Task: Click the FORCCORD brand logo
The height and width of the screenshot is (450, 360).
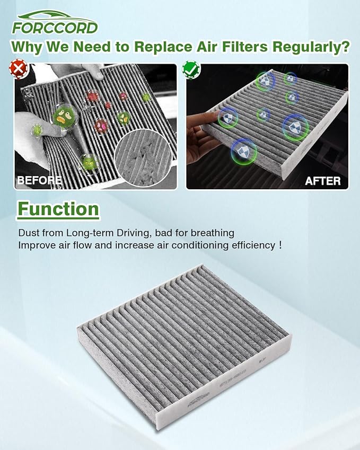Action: coord(55,22)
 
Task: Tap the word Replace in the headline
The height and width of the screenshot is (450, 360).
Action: coord(161,47)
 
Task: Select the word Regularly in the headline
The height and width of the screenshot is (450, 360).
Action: coord(304,47)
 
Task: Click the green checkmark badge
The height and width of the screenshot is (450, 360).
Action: coord(190,69)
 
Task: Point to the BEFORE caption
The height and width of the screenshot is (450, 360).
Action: coord(39,180)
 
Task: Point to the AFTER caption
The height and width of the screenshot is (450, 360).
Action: coord(322,181)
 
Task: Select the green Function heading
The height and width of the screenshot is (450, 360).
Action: coord(58,209)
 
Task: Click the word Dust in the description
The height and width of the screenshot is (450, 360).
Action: coord(29,233)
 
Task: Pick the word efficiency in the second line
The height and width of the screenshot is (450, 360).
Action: coord(248,245)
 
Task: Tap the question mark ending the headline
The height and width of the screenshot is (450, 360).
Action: coord(345,47)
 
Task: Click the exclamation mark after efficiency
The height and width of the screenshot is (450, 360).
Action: coord(279,245)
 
